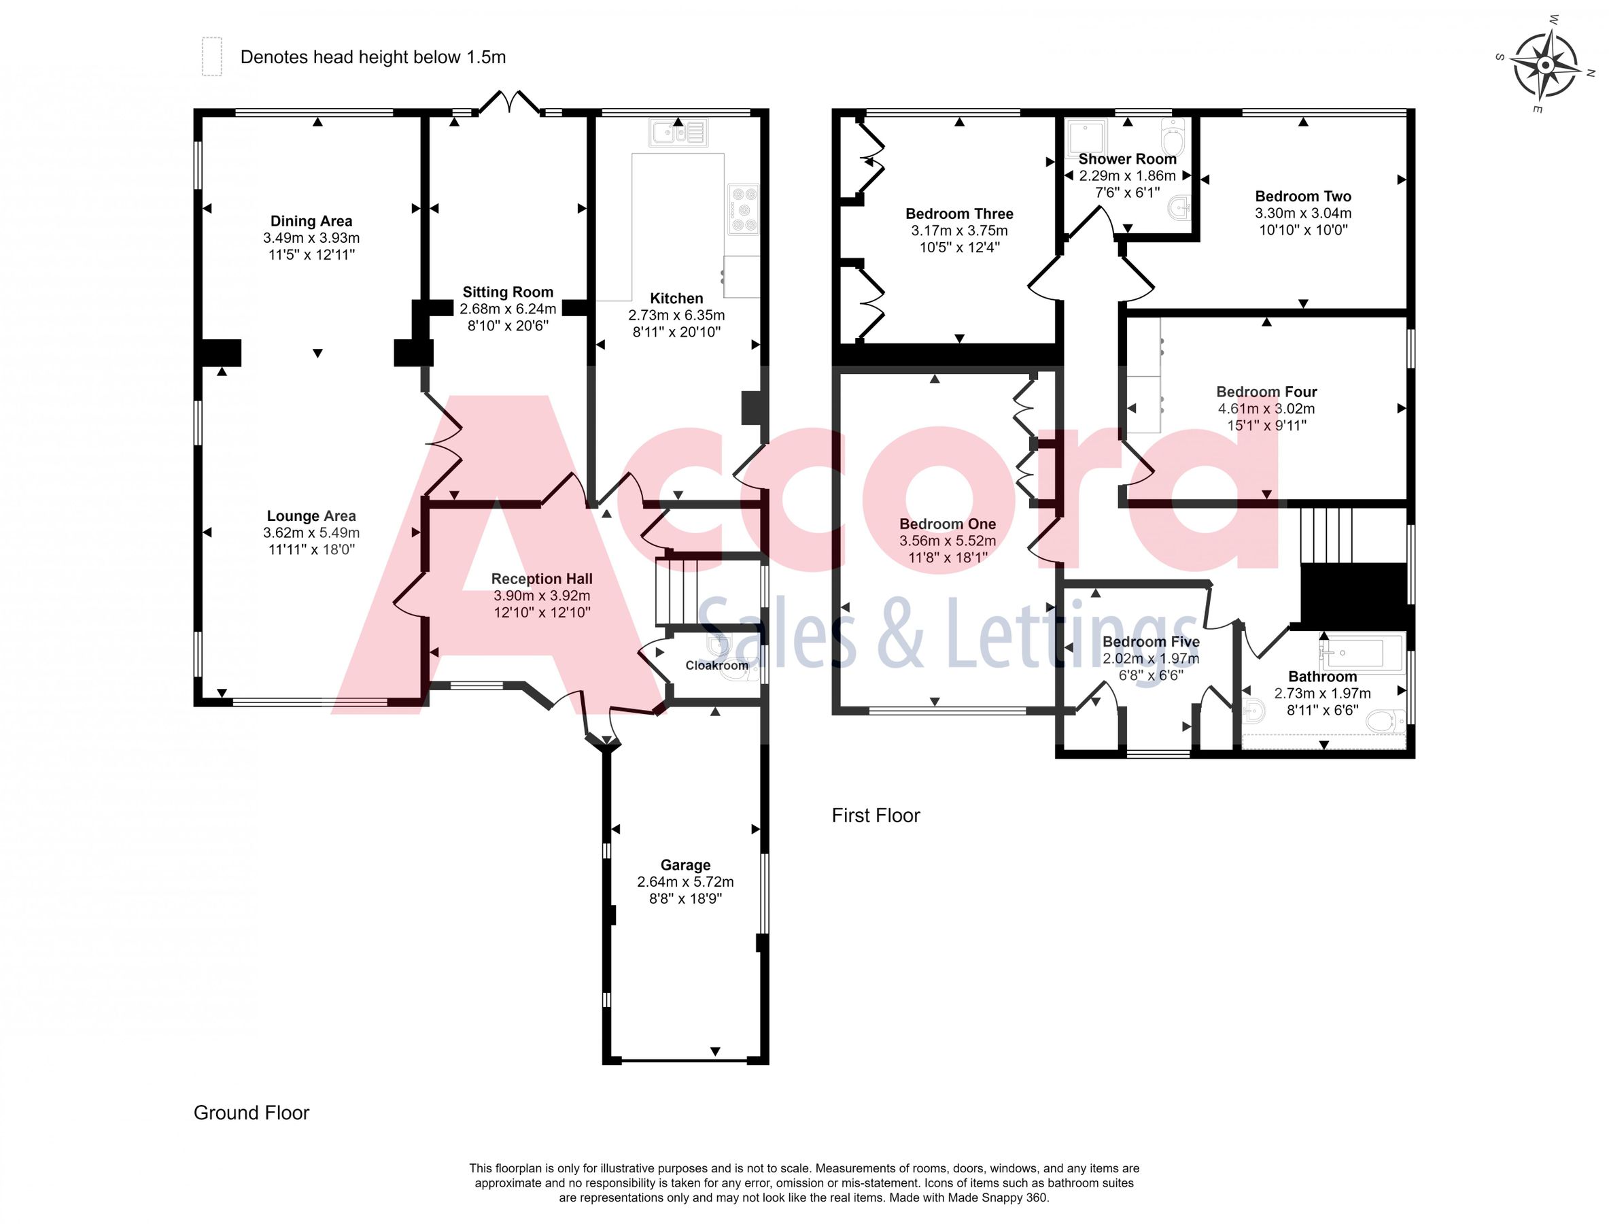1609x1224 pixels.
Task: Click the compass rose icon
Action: (x=1545, y=65)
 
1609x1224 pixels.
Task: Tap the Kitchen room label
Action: (x=676, y=298)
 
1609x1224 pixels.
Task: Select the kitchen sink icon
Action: (x=678, y=133)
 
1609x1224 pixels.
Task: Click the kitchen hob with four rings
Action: (x=743, y=210)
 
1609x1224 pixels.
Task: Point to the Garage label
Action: (x=685, y=865)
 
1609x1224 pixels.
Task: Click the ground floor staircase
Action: (x=676, y=591)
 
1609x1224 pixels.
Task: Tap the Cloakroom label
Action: (x=716, y=665)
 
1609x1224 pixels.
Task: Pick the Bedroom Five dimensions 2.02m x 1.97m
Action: (x=1150, y=659)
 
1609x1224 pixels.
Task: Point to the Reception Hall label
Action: (x=541, y=579)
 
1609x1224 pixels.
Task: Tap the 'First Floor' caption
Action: (x=876, y=815)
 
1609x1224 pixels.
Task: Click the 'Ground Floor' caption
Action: (x=252, y=1112)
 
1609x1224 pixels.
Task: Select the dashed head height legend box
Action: (x=211, y=57)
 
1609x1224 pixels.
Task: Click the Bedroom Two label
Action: (x=1302, y=196)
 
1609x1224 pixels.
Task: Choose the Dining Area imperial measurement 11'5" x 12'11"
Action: (x=311, y=254)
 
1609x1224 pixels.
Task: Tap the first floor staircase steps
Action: (x=1326, y=536)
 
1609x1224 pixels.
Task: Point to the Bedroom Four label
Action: (x=1266, y=392)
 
